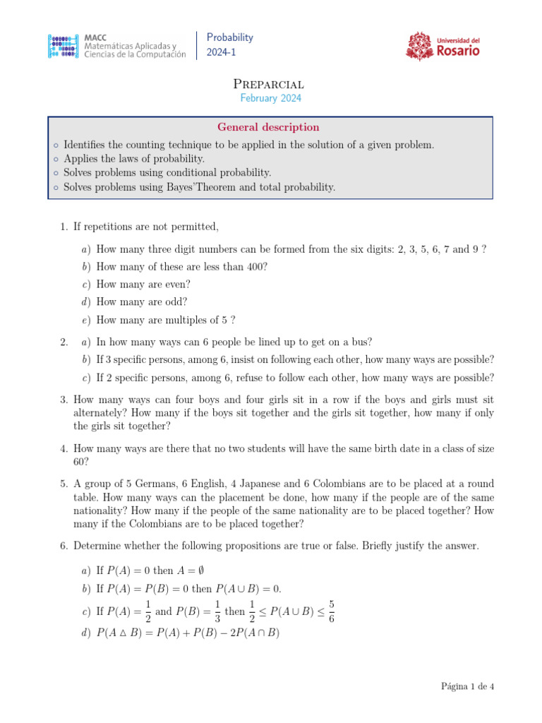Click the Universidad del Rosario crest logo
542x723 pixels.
point(420,46)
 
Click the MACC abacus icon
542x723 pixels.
point(63,45)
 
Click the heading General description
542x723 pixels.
point(268,127)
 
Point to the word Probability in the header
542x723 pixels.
point(230,37)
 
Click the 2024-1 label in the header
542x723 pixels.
point(219,53)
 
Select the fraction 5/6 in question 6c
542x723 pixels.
point(331,611)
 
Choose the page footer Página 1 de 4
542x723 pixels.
point(467,686)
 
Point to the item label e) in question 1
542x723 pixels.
point(85,320)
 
